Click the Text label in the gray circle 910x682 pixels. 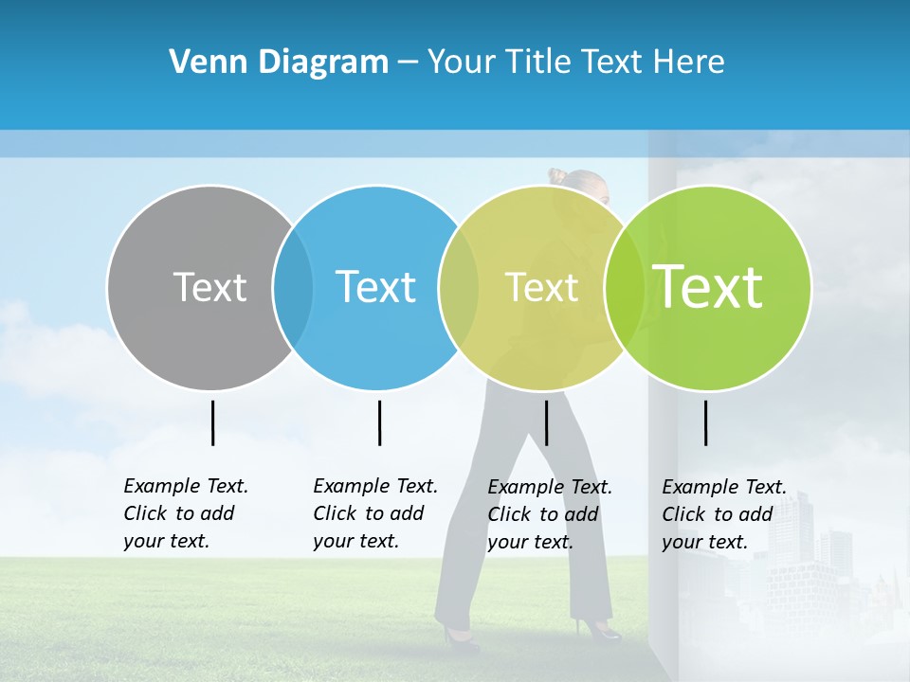(209, 287)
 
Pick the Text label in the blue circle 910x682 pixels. (375, 287)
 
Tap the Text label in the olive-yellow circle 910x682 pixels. (541, 287)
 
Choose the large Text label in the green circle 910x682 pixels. (708, 287)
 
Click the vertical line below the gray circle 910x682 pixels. (212, 422)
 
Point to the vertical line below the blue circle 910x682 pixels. (379, 422)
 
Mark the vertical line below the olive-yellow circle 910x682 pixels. (546, 422)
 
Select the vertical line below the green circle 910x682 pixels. (705, 422)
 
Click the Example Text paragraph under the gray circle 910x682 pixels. (185, 513)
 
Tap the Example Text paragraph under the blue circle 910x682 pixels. (374, 513)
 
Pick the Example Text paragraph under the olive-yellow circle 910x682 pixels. (549, 514)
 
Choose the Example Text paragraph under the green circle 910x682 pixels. (723, 514)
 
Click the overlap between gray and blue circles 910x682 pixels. (293, 287)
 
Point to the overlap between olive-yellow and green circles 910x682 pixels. (624, 287)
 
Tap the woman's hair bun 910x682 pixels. (556, 176)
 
